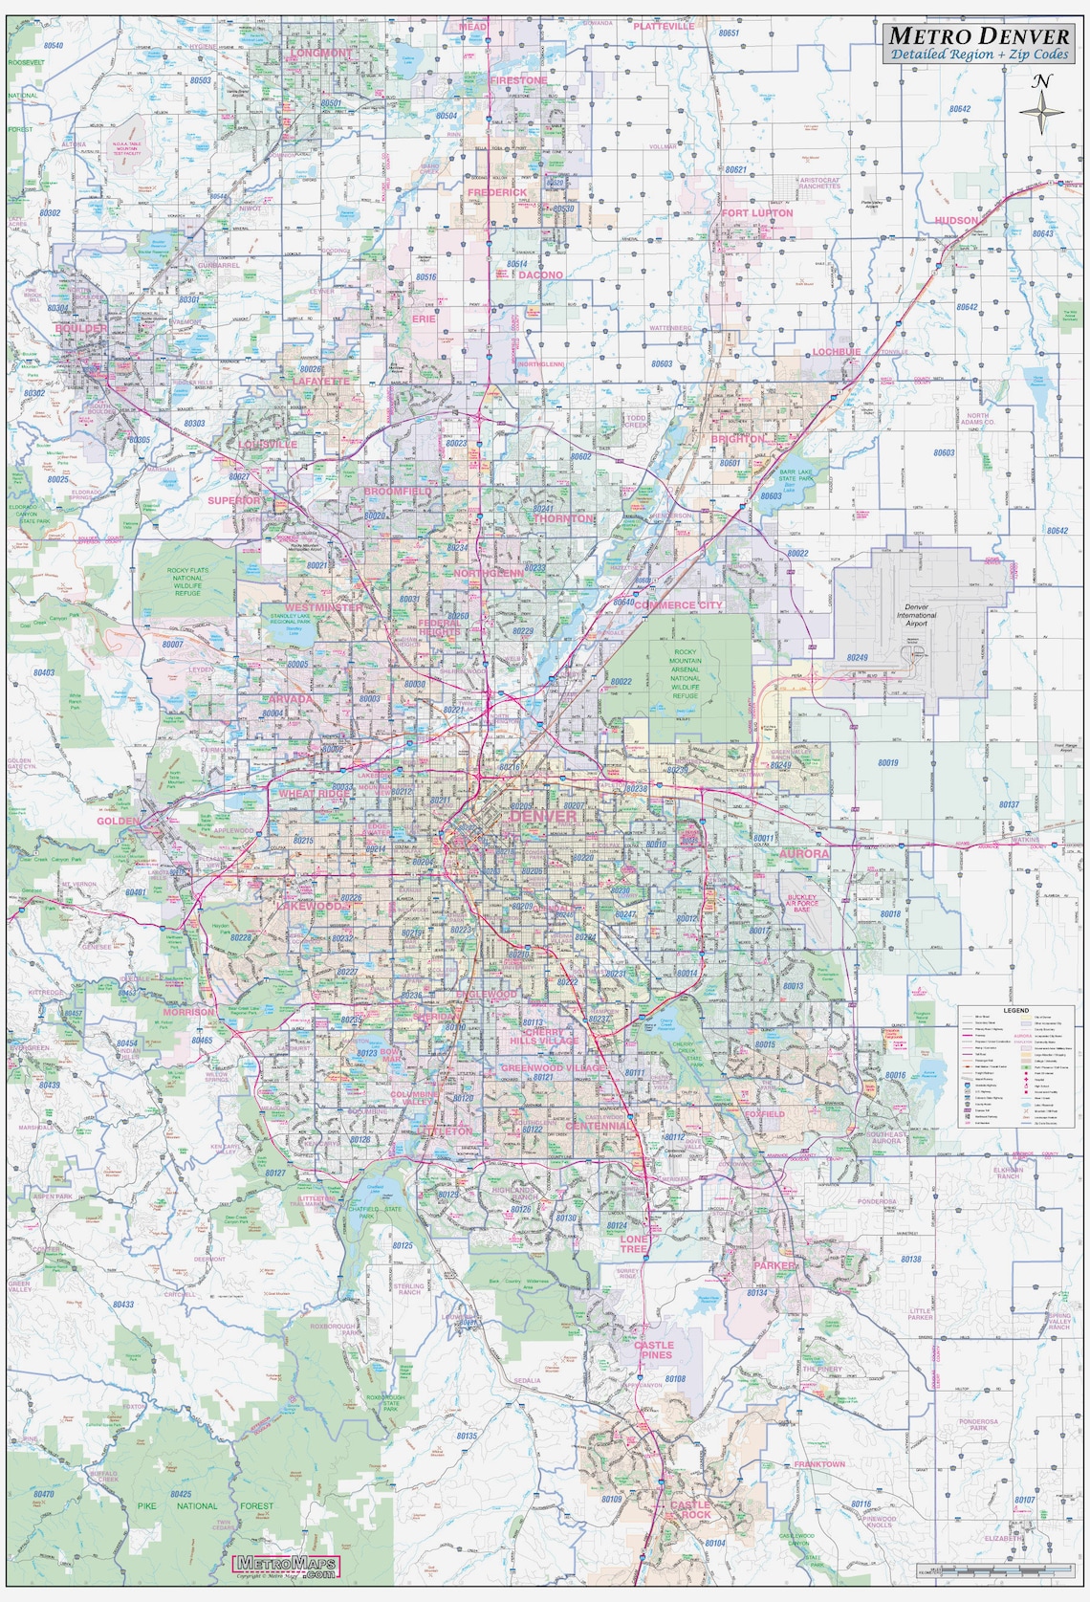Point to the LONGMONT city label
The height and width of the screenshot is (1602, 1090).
click(x=321, y=54)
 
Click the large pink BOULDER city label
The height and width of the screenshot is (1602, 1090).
click(x=82, y=328)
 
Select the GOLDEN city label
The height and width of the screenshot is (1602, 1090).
click(x=117, y=821)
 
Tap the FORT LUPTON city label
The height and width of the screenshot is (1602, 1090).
click(x=757, y=213)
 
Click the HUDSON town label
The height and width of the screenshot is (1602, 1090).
click(x=957, y=220)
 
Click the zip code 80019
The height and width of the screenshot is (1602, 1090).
click(x=887, y=762)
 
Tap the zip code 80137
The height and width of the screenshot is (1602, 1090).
click(x=1008, y=804)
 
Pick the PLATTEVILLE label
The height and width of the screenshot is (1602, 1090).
click(x=664, y=27)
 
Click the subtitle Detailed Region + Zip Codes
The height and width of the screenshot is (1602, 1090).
click(x=980, y=55)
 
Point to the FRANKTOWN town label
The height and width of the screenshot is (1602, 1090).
click(x=819, y=1464)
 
